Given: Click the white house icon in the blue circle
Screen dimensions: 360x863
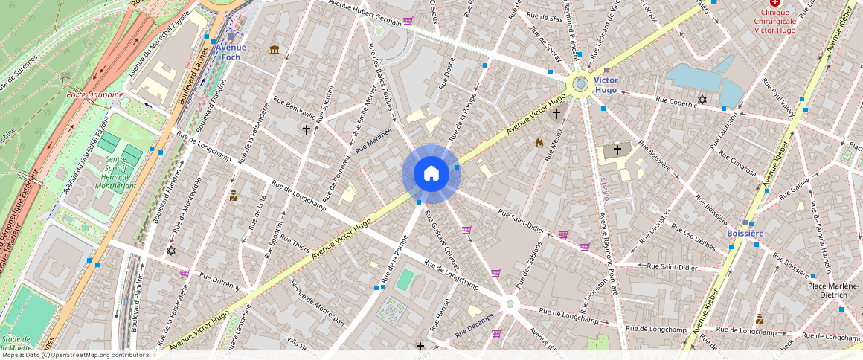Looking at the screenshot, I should pyautogui.click(x=431, y=174).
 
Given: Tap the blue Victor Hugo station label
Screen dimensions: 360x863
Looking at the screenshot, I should pyautogui.click(x=606, y=85).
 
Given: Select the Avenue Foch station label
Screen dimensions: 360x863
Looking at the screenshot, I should pyautogui.click(x=231, y=52).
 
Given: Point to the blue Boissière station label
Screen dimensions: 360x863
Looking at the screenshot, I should pyautogui.click(x=745, y=234).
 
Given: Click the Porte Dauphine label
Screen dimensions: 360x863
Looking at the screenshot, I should pyautogui.click(x=94, y=95).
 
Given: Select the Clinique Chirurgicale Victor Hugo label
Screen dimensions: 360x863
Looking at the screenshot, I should pyautogui.click(x=774, y=22).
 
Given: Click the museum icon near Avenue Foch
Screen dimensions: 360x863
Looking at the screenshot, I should pyautogui.click(x=275, y=51).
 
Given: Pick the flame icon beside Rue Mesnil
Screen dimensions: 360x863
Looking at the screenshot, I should pyautogui.click(x=539, y=141).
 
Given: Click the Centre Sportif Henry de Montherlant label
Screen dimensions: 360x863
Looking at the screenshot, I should pyautogui.click(x=110, y=173).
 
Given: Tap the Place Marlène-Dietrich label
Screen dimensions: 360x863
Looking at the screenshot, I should pyautogui.click(x=833, y=290).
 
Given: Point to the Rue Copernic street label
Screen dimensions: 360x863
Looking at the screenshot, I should pyautogui.click(x=676, y=101).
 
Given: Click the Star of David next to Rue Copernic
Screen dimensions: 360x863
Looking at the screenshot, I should pyautogui.click(x=701, y=99).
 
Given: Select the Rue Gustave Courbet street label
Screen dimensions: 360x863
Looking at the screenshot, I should pyautogui.click(x=442, y=240).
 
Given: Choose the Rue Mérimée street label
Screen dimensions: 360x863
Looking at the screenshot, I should pyautogui.click(x=373, y=141).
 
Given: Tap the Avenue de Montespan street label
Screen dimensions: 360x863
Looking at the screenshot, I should pyautogui.click(x=317, y=301).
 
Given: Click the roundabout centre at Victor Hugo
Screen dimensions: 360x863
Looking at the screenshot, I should pyautogui.click(x=580, y=84).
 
